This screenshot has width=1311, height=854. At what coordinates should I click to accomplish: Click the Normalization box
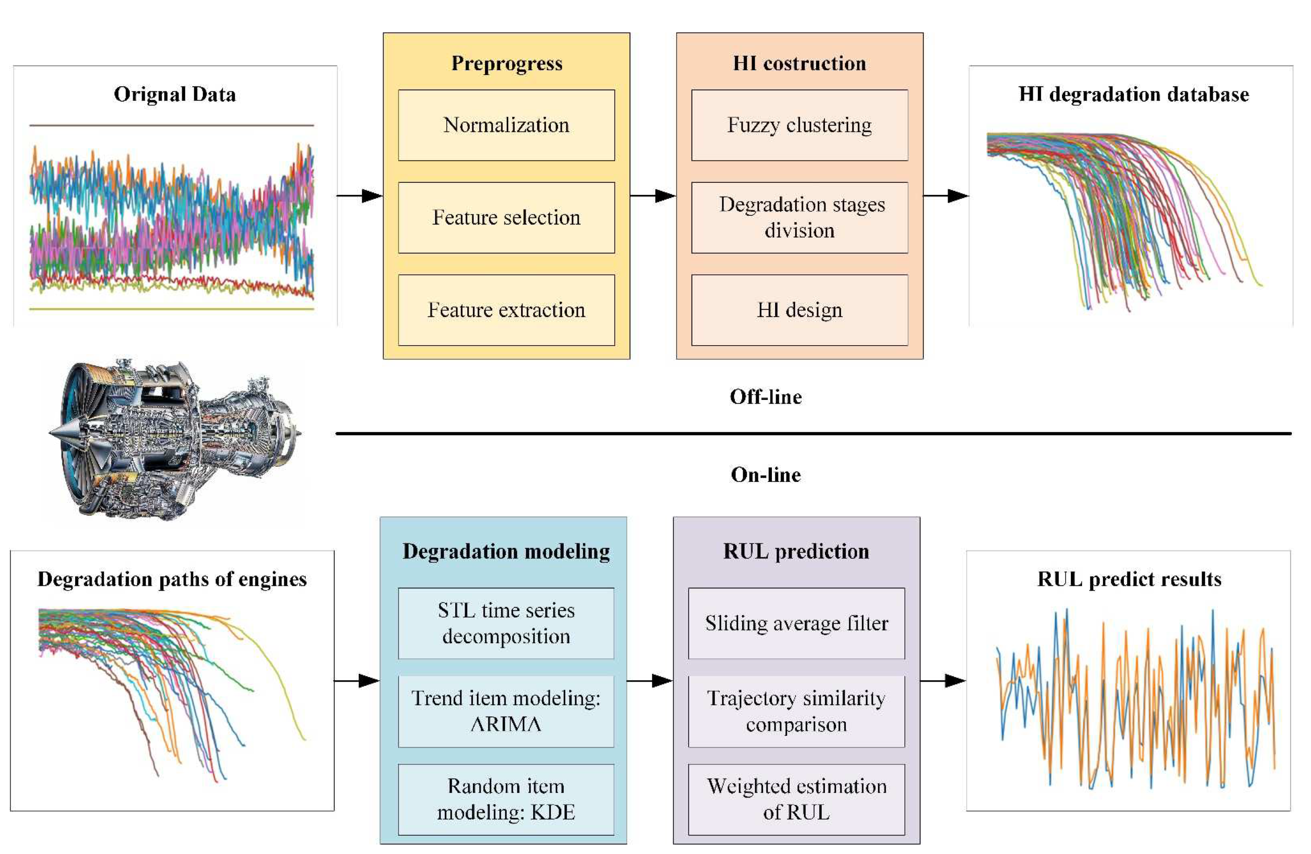pyautogui.click(x=506, y=125)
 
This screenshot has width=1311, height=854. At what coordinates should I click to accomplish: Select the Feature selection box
pyautogui.click(x=506, y=218)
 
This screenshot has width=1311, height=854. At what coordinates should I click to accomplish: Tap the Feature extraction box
pyautogui.click(x=506, y=310)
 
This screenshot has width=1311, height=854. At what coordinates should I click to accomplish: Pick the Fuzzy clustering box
pyautogui.click(x=799, y=125)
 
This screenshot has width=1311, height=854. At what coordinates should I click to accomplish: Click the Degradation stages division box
pyautogui.click(x=799, y=218)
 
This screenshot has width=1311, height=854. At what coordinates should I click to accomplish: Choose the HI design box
pyautogui.click(x=799, y=310)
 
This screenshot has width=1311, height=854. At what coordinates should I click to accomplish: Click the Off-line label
pyautogui.click(x=766, y=397)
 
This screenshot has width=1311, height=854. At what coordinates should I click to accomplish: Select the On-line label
pyautogui.click(x=766, y=475)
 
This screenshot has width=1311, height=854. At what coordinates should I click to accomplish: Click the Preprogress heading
pyautogui.click(x=507, y=63)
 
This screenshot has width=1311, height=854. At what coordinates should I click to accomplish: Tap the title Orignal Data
pyautogui.click(x=175, y=94)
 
